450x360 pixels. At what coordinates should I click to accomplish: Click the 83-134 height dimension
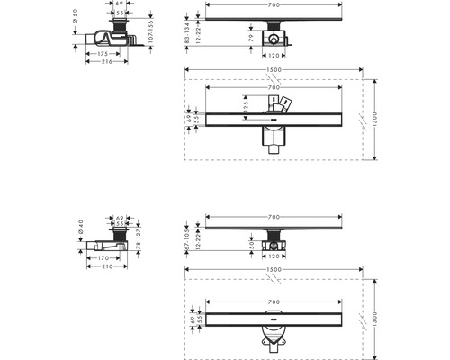coord(187,26)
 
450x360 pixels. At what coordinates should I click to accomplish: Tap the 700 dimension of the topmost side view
coord(274,5)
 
